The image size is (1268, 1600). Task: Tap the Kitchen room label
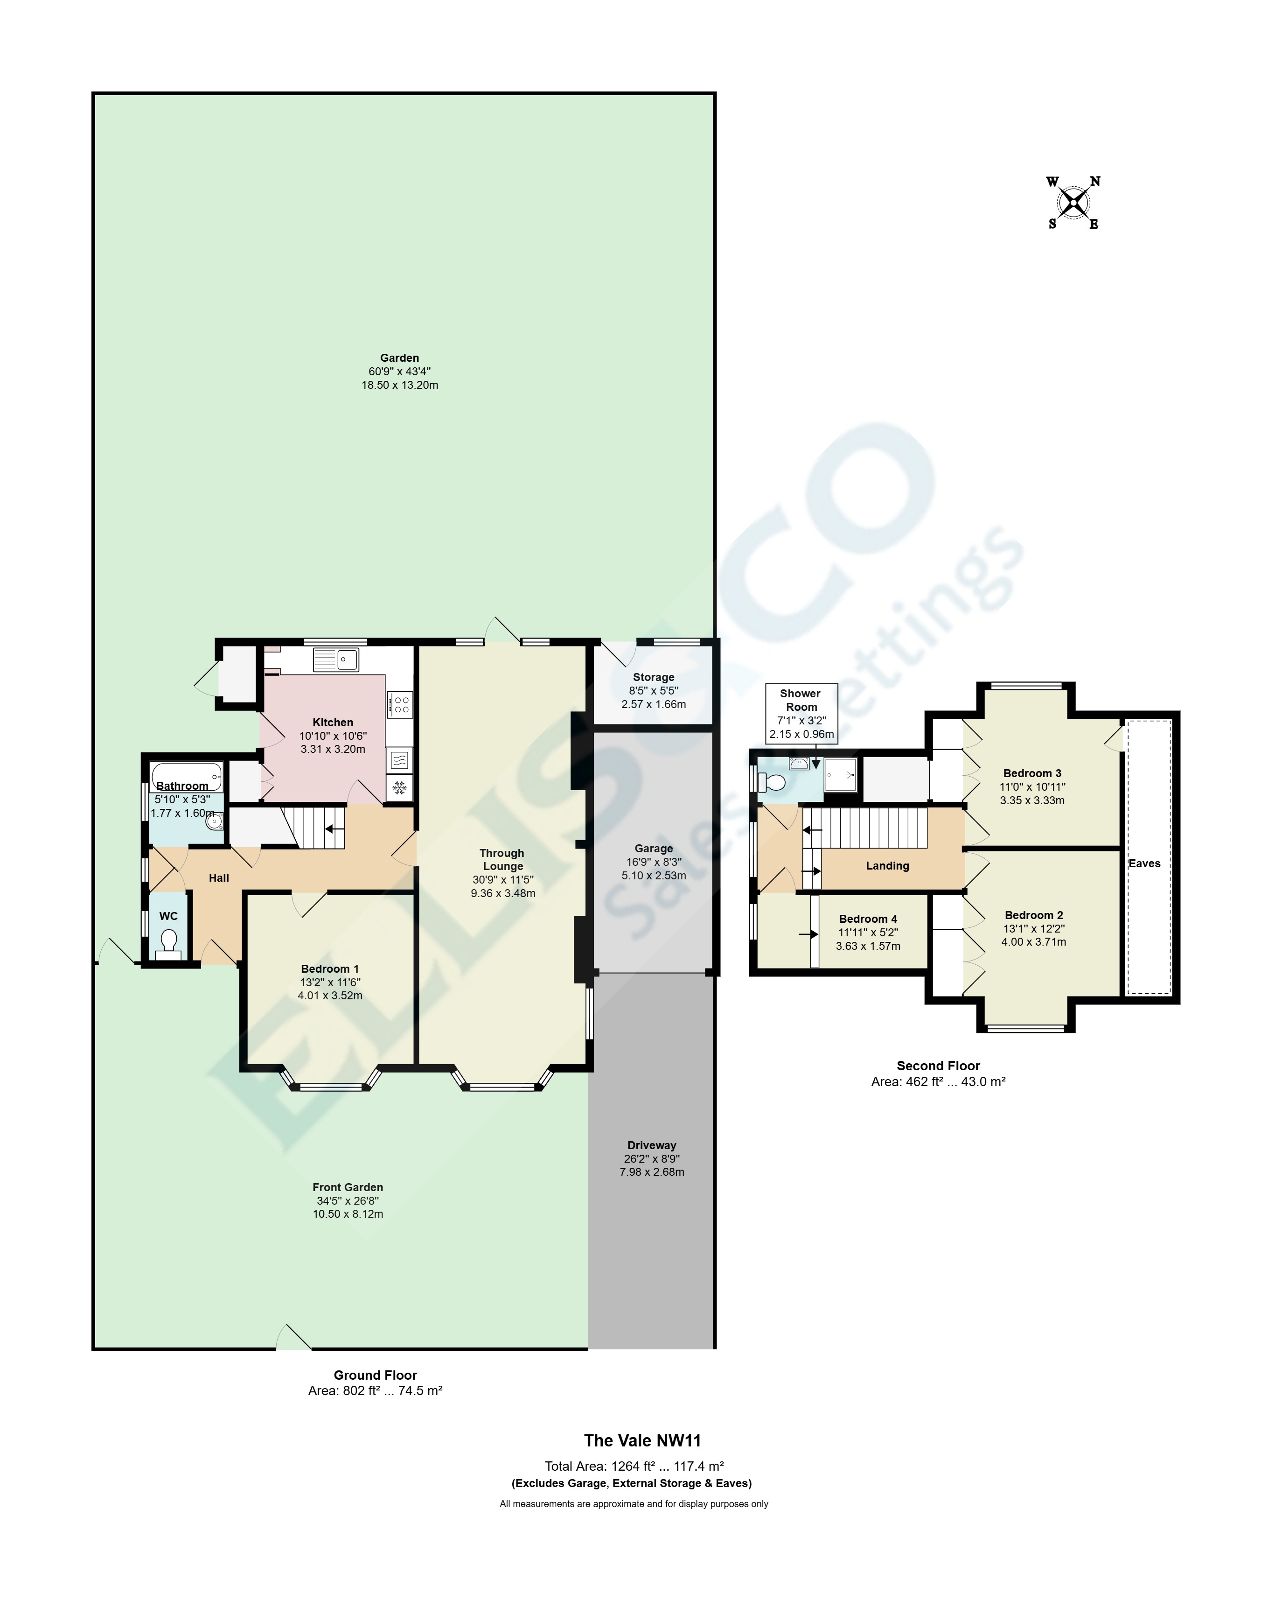pyautogui.click(x=333, y=722)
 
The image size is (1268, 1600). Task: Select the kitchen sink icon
pyautogui.click(x=336, y=659)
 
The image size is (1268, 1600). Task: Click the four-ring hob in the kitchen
pyautogui.click(x=400, y=703)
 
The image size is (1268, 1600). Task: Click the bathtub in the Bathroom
pyautogui.click(x=186, y=776)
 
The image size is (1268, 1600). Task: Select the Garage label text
pyautogui.click(x=654, y=848)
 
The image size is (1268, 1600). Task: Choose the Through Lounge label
pyautogui.click(x=502, y=859)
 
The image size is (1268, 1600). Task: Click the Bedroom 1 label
pyautogui.click(x=329, y=968)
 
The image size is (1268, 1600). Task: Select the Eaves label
pyautogui.click(x=1144, y=863)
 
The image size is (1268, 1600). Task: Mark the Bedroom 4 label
pyautogui.click(x=867, y=919)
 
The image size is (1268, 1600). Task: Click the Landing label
pyautogui.click(x=887, y=865)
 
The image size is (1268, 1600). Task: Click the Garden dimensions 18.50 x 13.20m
pyautogui.click(x=399, y=385)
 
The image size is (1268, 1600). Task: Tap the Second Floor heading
pyautogui.click(x=938, y=1066)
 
